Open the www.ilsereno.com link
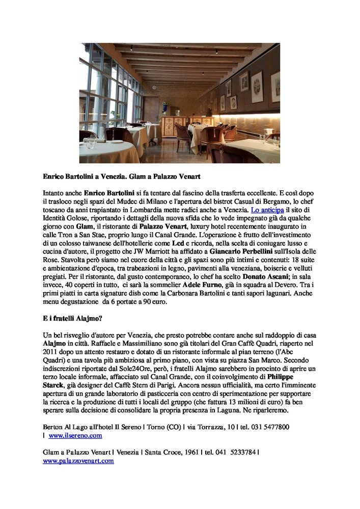click(75, 436)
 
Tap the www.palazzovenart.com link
click(78, 461)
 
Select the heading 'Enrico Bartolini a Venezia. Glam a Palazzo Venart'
click(122, 177)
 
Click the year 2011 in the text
click(51, 352)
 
